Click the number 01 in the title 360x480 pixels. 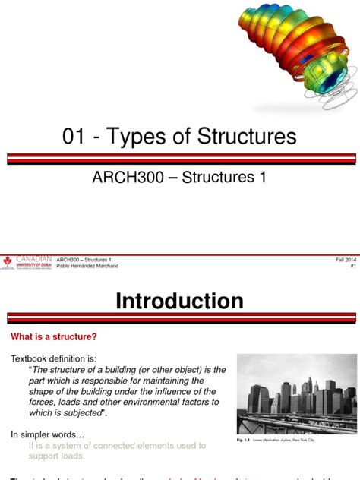(x=76, y=137)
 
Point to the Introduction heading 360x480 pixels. (x=179, y=301)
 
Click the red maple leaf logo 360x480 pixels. (x=8, y=262)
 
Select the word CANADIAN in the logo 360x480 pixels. (x=34, y=258)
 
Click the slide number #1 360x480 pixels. (x=353, y=267)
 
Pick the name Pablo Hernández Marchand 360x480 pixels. (x=87, y=267)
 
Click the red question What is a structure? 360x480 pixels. (x=54, y=336)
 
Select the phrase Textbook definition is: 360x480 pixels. (x=52, y=358)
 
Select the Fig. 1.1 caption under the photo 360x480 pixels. (x=278, y=440)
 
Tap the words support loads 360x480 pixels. (x=57, y=456)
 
